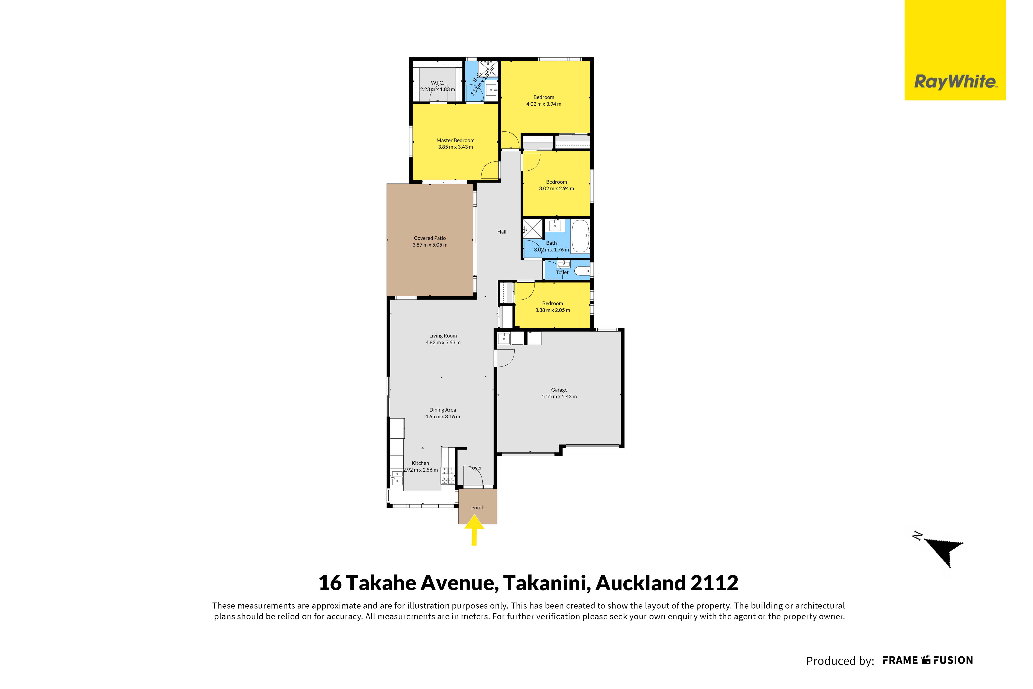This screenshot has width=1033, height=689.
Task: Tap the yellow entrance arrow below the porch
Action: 474,530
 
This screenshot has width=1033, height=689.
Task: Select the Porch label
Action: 478,507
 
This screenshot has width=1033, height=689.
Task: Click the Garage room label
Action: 559,390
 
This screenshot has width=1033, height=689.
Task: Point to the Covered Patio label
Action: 430,238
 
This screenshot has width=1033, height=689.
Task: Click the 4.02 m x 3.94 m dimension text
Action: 544,104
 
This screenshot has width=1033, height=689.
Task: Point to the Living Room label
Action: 443,336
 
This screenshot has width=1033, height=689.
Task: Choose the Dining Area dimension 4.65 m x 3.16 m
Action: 442,416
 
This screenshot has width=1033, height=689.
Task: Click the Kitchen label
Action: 420,463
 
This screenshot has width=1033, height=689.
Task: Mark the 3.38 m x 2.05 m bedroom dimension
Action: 552,310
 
